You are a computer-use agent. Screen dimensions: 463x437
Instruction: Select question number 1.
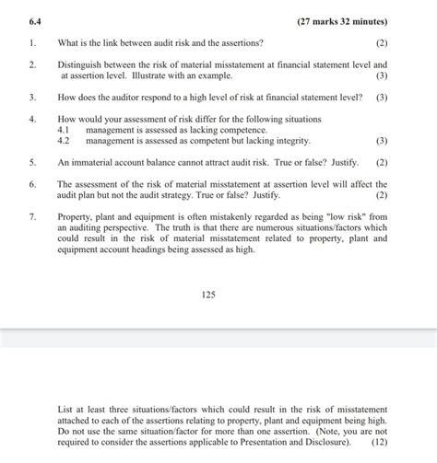click(32, 43)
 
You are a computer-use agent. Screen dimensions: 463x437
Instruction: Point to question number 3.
click(32, 96)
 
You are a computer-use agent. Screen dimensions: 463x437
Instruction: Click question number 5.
click(32, 161)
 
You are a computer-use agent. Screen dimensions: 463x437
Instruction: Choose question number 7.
click(32, 216)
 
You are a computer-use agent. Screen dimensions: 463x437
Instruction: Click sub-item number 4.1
click(64, 130)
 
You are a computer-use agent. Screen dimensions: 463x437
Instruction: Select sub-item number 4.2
click(64, 141)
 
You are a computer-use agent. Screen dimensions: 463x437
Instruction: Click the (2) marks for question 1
click(382, 43)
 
